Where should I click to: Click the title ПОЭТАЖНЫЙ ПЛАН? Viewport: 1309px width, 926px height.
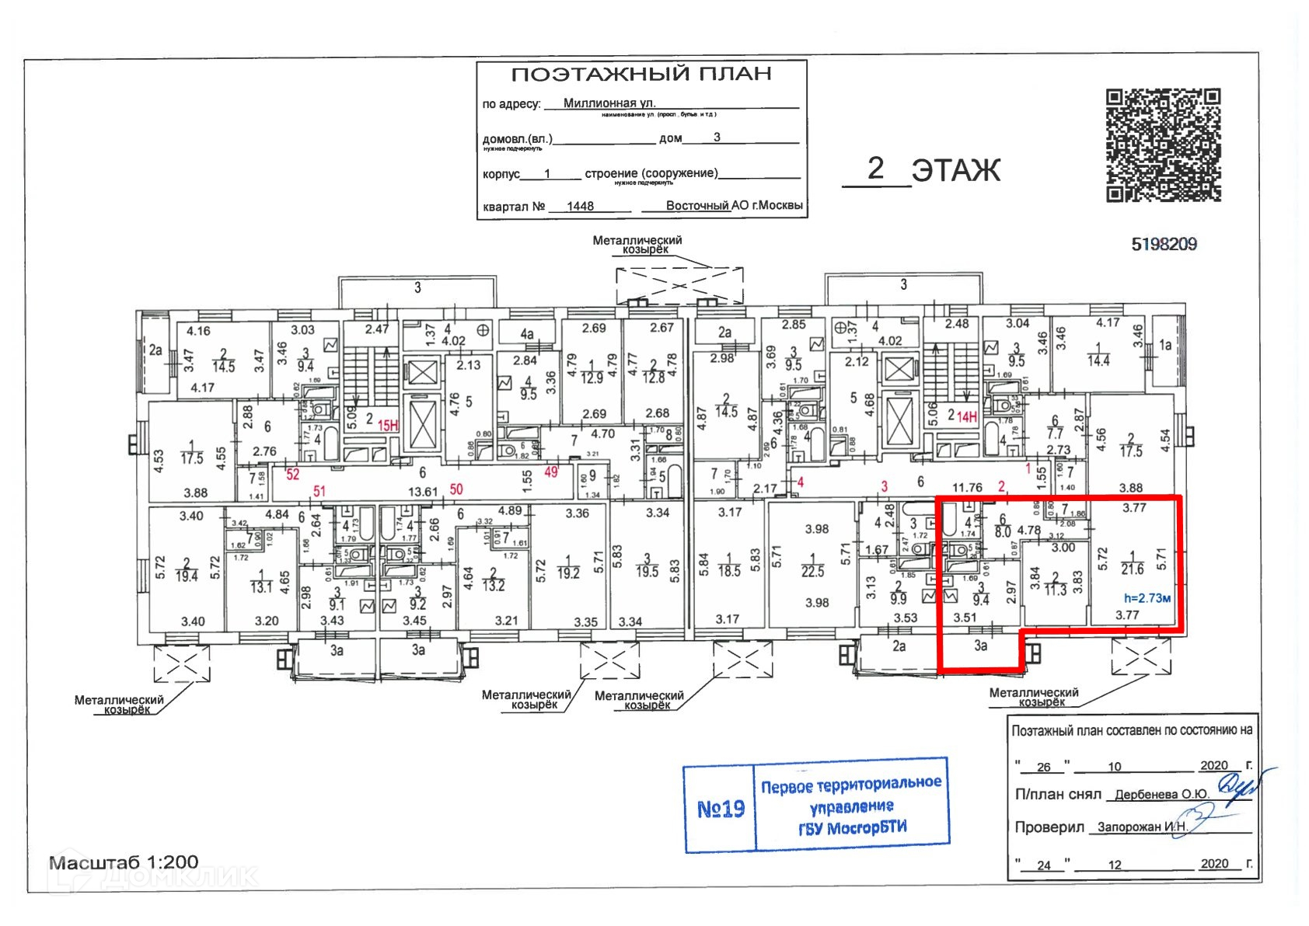point(641,75)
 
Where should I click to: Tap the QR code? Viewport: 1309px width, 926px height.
point(1163,144)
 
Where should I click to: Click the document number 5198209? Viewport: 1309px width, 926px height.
point(1164,245)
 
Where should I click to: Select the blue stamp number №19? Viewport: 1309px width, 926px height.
point(721,809)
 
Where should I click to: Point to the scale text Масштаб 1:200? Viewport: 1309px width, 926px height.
point(124,862)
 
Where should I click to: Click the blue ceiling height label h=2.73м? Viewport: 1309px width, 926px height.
point(1147,598)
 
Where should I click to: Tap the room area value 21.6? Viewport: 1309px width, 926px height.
point(1132,569)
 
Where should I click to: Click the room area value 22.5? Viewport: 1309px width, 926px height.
point(812,571)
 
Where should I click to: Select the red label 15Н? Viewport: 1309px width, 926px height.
point(388,426)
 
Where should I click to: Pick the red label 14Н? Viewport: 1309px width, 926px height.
point(966,417)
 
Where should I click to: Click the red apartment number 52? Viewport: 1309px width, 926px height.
point(292,474)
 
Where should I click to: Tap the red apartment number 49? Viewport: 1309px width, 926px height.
point(551,472)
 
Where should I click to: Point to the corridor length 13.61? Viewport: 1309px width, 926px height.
point(423,491)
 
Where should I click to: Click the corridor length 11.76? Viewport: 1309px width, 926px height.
point(967,488)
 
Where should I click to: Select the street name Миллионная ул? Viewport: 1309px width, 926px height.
point(609,103)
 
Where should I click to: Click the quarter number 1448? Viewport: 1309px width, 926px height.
point(580,206)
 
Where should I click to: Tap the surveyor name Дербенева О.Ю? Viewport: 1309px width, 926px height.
point(1161,795)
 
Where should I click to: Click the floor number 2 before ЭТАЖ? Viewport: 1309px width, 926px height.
point(875,169)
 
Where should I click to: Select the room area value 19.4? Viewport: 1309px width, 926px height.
point(187,576)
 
